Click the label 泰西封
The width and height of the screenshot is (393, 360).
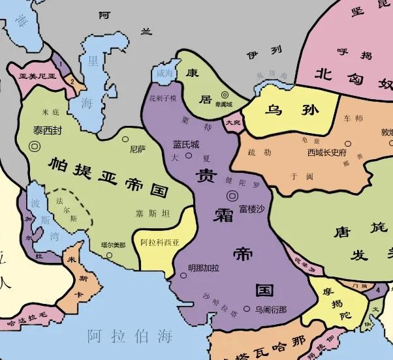[48, 130]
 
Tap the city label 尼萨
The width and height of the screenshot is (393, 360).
[138, 149]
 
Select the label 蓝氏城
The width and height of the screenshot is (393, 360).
[186, 144]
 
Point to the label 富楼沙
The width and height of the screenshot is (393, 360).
[252, 208]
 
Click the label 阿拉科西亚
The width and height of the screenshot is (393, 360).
[160, 242]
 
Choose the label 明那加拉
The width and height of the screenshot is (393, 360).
[204, 267]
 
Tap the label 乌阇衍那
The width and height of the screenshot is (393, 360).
[271, 309]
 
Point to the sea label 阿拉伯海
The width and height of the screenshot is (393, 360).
[131, 337]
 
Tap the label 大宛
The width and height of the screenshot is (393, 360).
[233, 122]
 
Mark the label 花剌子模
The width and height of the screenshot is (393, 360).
[163, 98]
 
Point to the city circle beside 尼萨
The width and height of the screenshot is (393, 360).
[125, 139]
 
